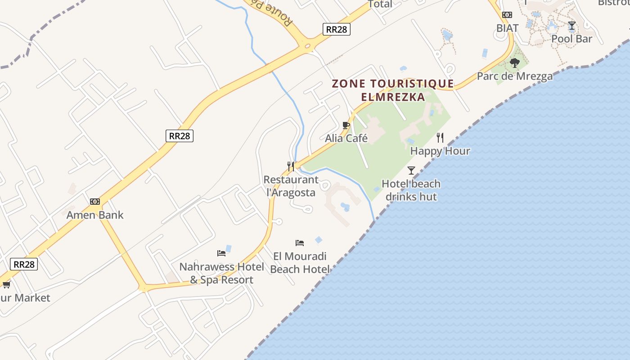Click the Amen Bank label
point(95,215)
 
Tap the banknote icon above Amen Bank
point(95,202)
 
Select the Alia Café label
point(346,138)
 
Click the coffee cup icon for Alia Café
point(346,125)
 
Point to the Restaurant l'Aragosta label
point(291,186)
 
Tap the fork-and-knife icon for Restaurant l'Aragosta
point(291,166)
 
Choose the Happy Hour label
point(440,151)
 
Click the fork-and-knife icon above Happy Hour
point(440,138)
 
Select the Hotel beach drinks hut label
point(411,190)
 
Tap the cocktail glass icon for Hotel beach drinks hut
point(411,170)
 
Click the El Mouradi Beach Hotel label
point(300,263)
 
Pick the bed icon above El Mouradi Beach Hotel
point(300,243)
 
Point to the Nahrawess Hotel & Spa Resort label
point(221,273)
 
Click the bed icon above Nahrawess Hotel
point(221,253)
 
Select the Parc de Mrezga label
point(515,76)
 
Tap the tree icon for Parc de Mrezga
point(515,63)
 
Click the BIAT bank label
point(507,28)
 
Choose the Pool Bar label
point(571,39)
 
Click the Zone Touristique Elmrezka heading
point(393,90)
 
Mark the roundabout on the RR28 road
point(308,45)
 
